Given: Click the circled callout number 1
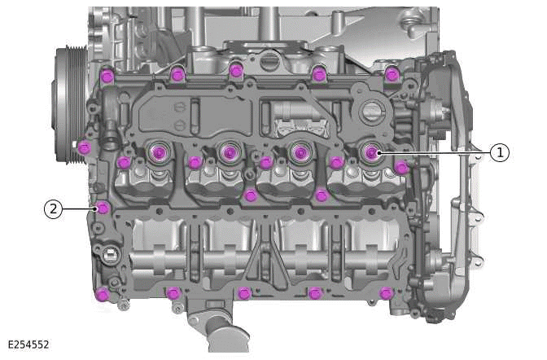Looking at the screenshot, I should [x=499, y=151].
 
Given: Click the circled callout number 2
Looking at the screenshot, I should [x=53, y=209].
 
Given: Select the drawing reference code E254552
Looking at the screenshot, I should [x=28, y=345].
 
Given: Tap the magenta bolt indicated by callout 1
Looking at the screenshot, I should [x=371, y=152].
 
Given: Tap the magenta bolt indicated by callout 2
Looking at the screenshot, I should [x=102, y=209].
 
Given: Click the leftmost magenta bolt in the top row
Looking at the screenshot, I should [x=106, y=76].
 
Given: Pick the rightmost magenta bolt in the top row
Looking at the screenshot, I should [x=392, y=75].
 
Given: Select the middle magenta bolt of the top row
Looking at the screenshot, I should [x=236, y=70].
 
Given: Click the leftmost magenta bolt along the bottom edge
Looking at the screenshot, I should [x=101, y=293].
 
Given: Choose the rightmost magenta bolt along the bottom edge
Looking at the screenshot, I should [x=386, y=292].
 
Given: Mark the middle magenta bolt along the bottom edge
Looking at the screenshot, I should [x=243, y=293].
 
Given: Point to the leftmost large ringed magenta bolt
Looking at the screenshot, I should [x=157, y=151].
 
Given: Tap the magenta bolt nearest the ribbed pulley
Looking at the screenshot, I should [x=84, y=147].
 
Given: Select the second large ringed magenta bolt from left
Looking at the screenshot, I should [x=229, y=151].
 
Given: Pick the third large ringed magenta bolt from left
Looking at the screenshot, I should [x=300, y=151].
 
